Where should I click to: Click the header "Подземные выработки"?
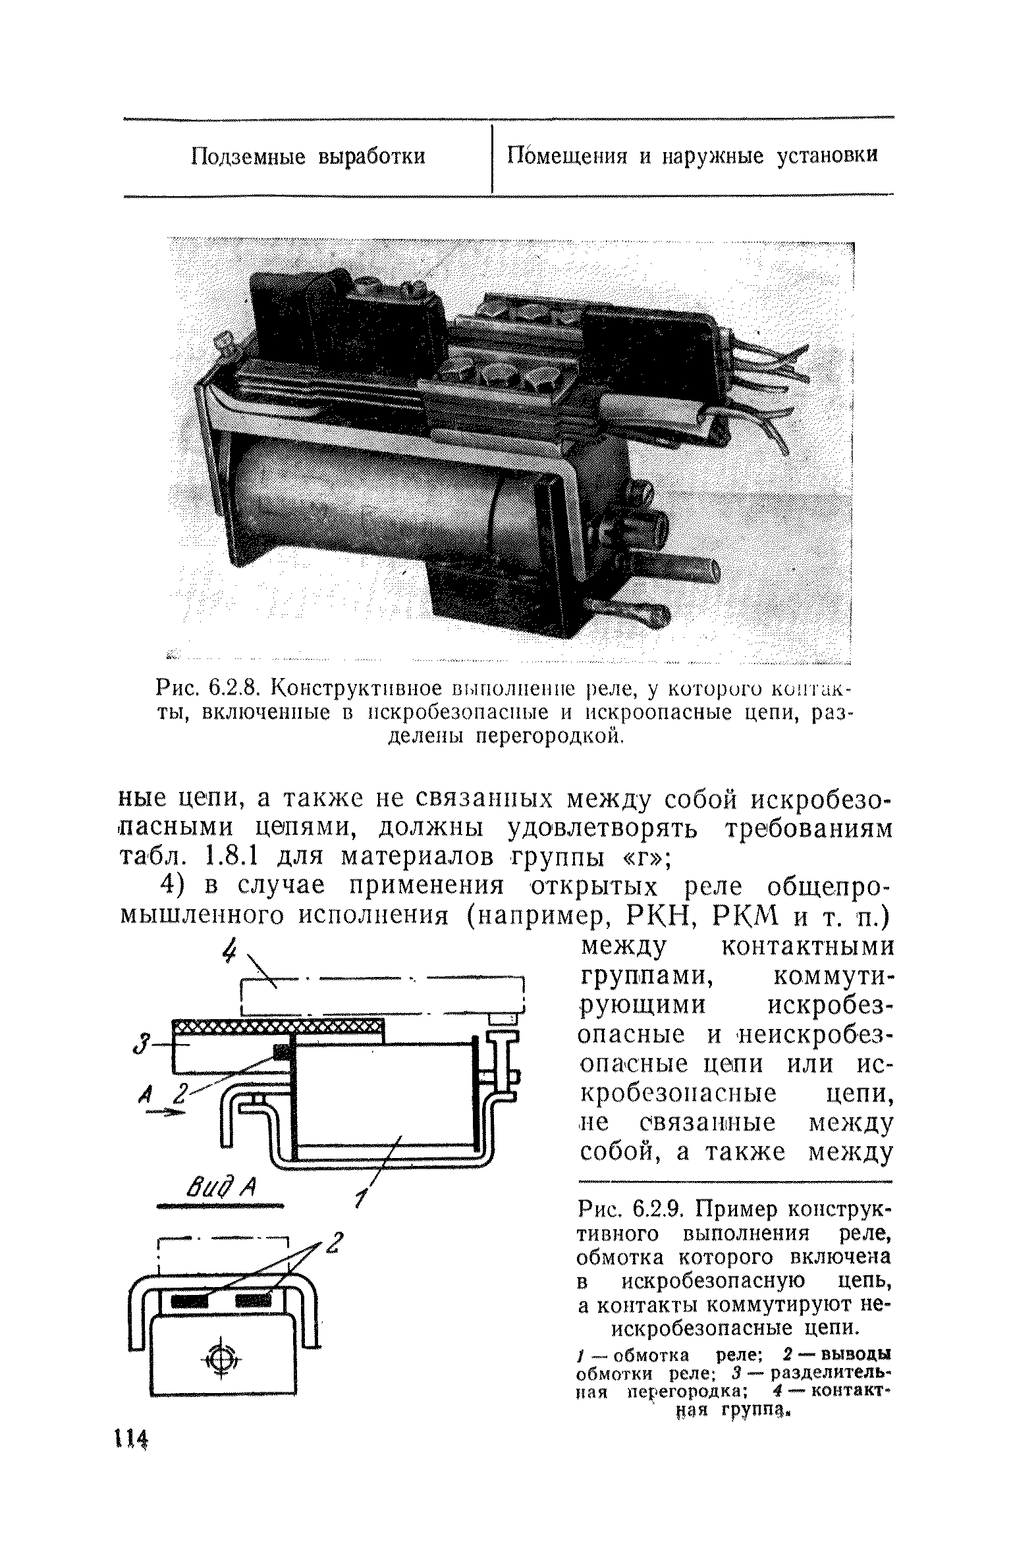[308, 157]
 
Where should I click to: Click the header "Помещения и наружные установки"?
[692, 156]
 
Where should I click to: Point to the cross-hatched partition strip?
[277, 1026]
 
